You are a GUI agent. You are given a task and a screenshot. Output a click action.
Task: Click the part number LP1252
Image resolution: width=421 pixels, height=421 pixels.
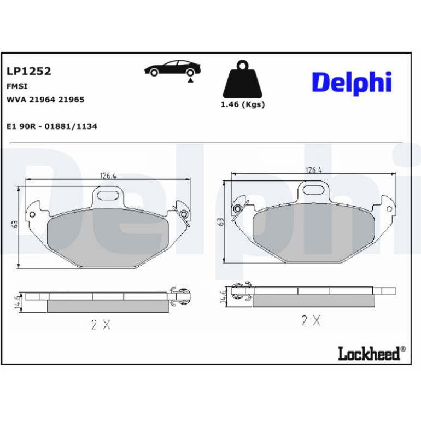click(29, 71)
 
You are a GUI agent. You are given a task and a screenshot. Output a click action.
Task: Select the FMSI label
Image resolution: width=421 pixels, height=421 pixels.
click(17, 86)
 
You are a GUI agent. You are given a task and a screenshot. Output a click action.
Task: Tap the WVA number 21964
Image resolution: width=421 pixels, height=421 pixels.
click(42, 100)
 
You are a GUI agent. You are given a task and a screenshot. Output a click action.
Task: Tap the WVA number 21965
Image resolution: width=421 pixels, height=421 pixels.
click(71, 100)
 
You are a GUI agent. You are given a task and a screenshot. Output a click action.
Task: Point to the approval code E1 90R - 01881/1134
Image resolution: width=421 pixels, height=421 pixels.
click(52, 126)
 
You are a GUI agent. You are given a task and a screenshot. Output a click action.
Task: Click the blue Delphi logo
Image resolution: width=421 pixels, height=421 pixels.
click(352, 83)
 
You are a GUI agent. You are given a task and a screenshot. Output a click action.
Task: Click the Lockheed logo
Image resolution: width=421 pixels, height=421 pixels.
click(372, 353)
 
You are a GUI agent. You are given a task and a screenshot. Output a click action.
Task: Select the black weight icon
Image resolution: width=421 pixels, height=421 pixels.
click(242, 79)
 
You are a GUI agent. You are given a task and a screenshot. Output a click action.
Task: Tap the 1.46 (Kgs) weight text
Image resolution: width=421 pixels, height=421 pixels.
click(243, 104)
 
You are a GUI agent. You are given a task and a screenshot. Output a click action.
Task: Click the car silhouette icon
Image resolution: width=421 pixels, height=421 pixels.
click(173, 68)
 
